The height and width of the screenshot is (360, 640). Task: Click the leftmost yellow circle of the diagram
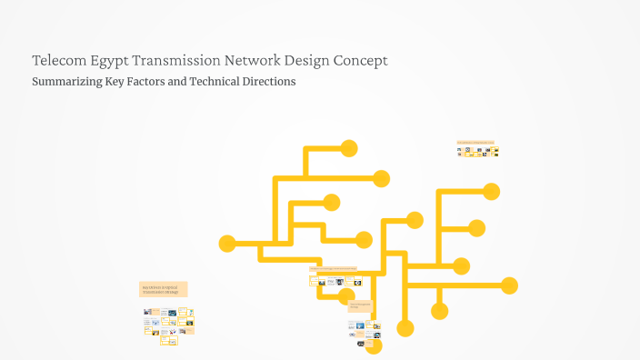[x=227, y=244]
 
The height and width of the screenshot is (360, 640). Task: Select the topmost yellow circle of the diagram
[x=348, y=148]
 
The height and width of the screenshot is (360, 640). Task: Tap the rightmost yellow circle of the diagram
[x=509, y=285]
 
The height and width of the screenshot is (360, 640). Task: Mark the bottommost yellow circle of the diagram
[x=374, y=345]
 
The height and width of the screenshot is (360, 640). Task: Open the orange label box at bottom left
[x=164, y=289]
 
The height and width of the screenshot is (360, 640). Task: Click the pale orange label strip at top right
[x=475, y=142]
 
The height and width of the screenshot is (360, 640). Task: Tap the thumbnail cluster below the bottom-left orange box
[x=168, y=320]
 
